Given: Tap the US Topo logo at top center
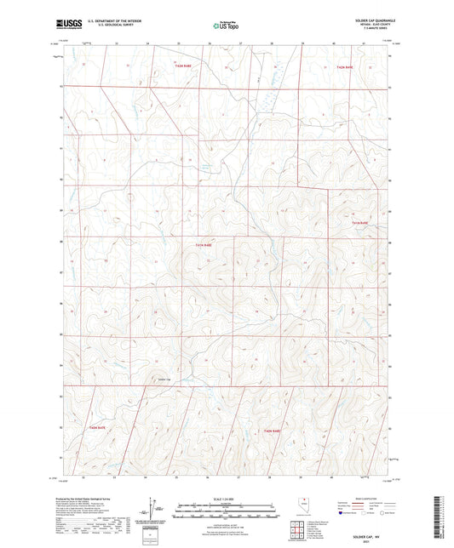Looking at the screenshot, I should coord(221,26).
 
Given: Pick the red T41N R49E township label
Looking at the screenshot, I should coord(359,223).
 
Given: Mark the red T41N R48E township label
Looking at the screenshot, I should coord(203,245).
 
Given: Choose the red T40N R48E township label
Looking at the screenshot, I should coord(272,434).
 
